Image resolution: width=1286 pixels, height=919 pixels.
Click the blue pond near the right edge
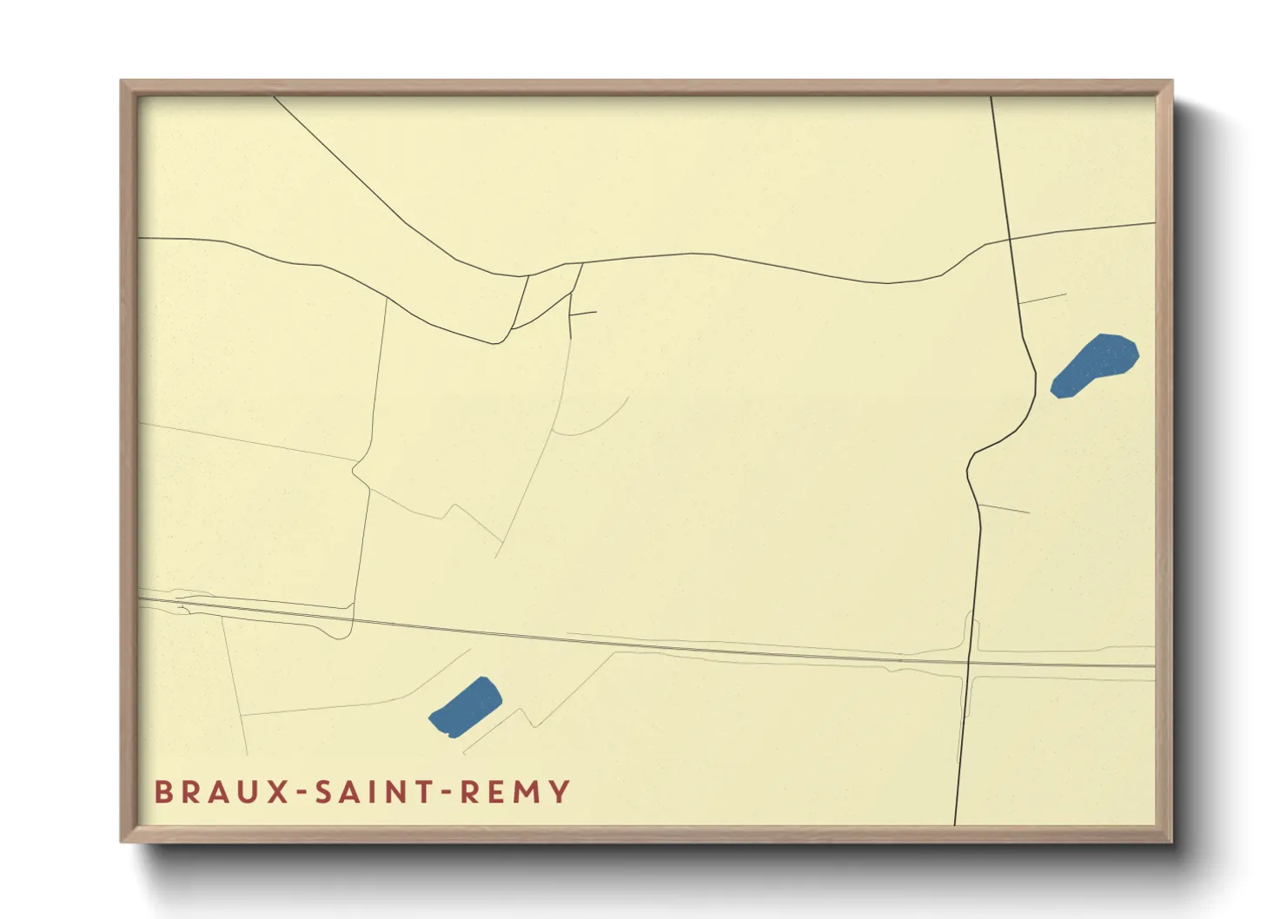(1095, 365)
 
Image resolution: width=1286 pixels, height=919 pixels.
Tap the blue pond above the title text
(466, 707)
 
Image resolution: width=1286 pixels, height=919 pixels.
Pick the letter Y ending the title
(560, 792)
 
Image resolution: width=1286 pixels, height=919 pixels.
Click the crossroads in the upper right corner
(1010, 238)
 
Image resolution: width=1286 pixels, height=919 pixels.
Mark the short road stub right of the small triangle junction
(584, 314)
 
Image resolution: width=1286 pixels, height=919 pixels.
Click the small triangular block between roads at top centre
(548, 291)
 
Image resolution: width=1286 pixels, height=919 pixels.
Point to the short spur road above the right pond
(1043, 299)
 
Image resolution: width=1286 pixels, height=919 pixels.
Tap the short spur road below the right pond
(1004, 508)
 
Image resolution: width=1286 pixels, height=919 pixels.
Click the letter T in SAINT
(421, 792)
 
